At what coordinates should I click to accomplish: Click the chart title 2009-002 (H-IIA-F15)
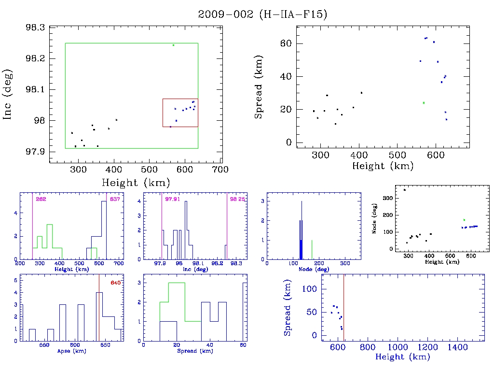(x=262, y=14)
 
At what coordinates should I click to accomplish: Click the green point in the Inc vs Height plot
(x=173, y=45)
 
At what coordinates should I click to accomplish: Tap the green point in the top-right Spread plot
(x=424, y=103)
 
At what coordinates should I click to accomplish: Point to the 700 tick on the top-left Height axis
(x=221, y=170)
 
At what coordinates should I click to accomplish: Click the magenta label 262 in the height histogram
(x=40, y=199)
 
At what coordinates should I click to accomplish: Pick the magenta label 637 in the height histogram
(x=115, y=199)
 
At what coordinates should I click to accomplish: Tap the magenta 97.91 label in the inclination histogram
(x=172, y=199)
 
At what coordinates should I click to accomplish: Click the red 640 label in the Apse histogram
(x=115, y=283)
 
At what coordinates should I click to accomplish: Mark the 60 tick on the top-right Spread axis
(x=288, y=43)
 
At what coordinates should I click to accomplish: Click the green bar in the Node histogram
(x=312, y=249)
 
